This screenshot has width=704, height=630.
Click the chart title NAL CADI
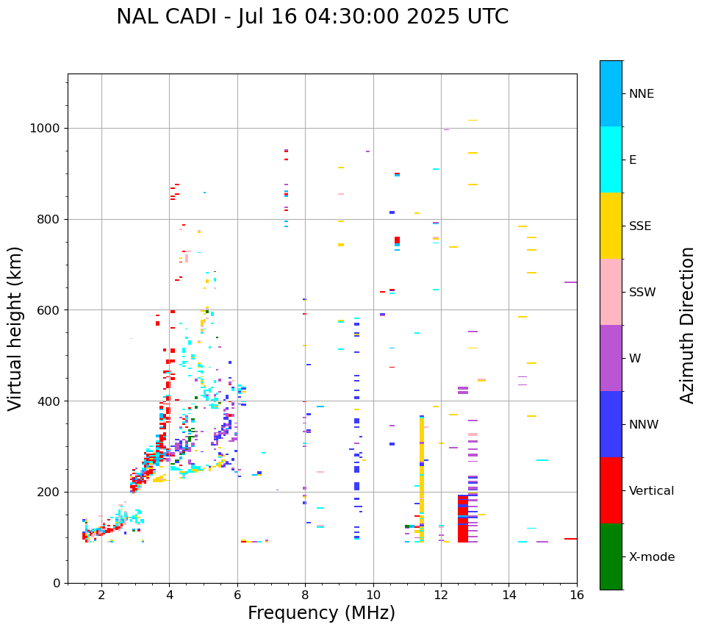point(312,17)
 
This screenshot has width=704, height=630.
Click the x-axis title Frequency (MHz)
point(321,613)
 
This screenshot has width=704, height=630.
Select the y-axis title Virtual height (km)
point(15,329)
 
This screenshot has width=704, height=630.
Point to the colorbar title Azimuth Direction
point(687,325)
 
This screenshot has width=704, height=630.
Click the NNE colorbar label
point(641,94)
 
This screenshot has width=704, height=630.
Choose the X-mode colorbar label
point(651,557)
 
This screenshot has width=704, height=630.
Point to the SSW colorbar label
point(642,293)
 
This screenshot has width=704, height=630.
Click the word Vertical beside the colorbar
point(651,491)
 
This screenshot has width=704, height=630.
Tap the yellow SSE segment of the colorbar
point(611,226)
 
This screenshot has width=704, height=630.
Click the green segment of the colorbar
point(611,556)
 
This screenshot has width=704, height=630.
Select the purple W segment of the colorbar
point(611,358)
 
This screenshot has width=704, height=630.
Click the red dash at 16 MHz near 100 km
point(570,539)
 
